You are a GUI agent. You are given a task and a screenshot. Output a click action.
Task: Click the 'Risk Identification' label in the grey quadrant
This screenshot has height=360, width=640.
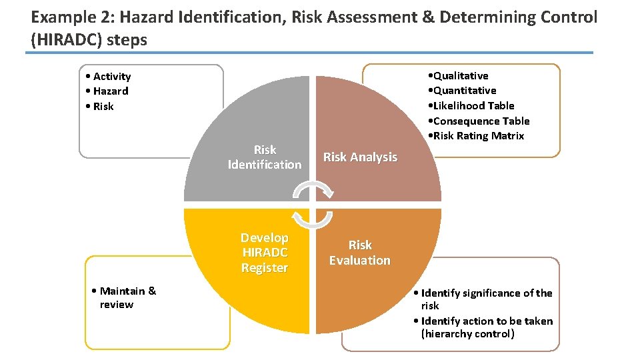pos(265,157)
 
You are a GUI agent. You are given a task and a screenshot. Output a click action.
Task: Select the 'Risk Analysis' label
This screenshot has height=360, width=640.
pos(360,157)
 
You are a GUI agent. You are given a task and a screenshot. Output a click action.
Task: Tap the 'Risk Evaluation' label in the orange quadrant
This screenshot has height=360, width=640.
pos(360,253)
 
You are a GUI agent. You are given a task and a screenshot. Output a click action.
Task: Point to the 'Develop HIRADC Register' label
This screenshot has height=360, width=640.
pos(265,253)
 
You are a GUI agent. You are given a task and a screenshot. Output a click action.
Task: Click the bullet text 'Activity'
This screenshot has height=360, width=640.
pos(112,77)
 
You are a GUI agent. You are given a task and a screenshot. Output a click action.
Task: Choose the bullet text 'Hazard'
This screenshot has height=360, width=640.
pos(111,91)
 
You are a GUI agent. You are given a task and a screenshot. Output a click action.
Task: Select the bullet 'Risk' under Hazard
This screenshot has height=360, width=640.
pos(103,107)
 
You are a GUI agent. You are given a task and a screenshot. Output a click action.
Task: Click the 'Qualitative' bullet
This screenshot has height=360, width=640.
pos(461,76)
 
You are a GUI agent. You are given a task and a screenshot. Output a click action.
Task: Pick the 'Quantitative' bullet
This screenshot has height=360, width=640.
pos(465,91)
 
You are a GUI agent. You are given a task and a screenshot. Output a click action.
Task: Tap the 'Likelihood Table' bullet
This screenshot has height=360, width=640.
pos(473,105)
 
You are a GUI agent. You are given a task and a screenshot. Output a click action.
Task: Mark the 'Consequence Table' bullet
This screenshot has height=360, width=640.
pos(481,121)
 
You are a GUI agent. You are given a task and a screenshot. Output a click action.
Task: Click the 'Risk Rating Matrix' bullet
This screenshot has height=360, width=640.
pos(479,136)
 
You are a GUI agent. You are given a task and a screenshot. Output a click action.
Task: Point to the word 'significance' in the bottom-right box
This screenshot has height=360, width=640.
pos(491,293)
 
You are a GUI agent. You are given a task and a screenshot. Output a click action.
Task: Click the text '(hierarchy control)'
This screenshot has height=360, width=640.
pos(468,334)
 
